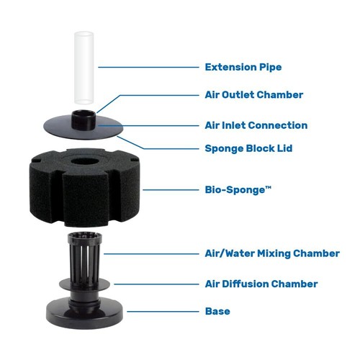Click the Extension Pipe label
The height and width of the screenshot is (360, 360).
point(243,68)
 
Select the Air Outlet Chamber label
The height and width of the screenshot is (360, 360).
point(253,94)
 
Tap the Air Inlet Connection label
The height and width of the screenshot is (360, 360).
point(256,125)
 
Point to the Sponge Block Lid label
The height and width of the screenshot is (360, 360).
point(248,149)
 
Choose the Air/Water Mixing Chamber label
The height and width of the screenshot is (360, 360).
point(272,253)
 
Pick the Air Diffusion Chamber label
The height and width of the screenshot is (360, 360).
point(261,284)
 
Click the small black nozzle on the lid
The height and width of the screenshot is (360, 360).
point(81,116)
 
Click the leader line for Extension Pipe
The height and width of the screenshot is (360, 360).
point(148,68)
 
